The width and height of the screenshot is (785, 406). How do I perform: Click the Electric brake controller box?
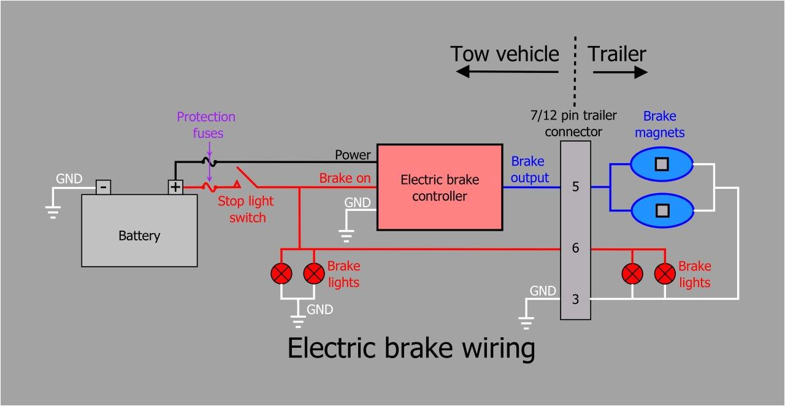point(439,187)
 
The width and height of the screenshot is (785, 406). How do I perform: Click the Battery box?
point(139,231)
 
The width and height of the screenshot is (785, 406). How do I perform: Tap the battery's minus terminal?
point(104,186)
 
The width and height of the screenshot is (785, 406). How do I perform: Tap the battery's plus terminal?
point(176,186)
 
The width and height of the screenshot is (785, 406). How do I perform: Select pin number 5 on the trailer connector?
point(575,187)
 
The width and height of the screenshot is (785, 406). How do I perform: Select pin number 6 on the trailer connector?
point(575,248)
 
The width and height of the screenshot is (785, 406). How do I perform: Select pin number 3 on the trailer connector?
point(575,299)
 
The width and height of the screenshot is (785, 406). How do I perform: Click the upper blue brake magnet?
point(662,164)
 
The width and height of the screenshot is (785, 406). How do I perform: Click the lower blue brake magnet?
point(662,210)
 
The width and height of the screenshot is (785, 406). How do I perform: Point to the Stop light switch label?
point(247,209)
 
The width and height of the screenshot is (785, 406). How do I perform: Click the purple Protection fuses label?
point(206,124)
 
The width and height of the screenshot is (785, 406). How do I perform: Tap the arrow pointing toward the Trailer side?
point(620,72)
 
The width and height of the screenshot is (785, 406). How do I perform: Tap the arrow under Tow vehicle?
point(507,72)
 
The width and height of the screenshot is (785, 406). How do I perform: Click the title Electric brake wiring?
point(411,348)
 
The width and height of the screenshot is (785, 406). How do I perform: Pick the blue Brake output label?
point(529,169)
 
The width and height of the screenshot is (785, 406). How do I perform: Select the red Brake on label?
point(345,178)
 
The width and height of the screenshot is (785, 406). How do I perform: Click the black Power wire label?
point(353,155)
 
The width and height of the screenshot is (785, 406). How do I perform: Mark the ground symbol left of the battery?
point(53,212)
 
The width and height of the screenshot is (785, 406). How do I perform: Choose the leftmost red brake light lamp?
point(281,274)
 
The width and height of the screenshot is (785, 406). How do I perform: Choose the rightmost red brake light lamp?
point(665,274)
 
